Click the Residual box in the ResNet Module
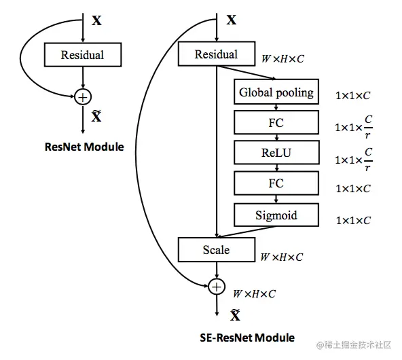click(82, 55)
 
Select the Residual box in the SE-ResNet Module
click(217, 54)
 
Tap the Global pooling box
click(276, 92)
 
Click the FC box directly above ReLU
click(276, 123)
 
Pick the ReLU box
click(276, 154)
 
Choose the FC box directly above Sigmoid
click(276, 183)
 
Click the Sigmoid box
click(276, 215)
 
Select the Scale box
click(217, 250)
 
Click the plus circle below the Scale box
click(217, 287)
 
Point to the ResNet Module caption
click(84, 146)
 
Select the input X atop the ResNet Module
click(97, 20)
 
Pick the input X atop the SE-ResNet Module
click(231, 20)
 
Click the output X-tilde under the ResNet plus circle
click(97, 117)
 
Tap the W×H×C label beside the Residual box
click(282, 59)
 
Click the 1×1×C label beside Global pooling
click(353, 96)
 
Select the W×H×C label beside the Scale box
click(282, 257)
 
